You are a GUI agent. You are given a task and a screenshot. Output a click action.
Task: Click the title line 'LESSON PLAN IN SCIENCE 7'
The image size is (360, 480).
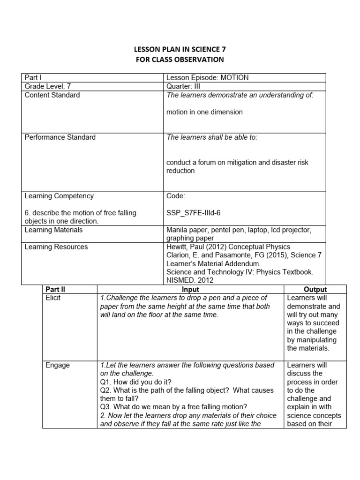pos(180,49)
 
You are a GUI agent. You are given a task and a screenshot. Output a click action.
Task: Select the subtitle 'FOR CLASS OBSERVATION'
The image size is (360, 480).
pos(180,60)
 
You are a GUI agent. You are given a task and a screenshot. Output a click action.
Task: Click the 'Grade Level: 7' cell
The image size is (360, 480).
pos(48,86)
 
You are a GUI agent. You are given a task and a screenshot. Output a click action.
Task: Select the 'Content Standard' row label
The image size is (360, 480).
pos(52,95)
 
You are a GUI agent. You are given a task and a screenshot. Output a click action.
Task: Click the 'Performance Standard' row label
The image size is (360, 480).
pos(60,137)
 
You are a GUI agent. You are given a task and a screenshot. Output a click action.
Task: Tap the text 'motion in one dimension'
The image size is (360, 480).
pos(204,112)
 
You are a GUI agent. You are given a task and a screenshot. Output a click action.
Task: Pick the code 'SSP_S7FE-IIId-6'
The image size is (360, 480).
pos(193,213)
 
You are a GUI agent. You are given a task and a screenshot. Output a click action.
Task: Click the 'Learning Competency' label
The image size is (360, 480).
pos(59,196)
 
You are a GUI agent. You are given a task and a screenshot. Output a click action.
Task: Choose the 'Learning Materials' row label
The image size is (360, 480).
pos(53,230)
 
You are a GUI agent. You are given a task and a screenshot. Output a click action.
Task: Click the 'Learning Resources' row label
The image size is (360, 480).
pos(56,247)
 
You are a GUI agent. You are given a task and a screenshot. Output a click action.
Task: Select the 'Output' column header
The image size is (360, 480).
pos(315,289)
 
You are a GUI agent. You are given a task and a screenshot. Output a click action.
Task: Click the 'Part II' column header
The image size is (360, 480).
pos(56,289)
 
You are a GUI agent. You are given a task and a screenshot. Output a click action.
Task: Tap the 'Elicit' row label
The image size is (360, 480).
pos(53,298)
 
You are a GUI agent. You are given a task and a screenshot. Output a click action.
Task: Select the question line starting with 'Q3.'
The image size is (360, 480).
pos(173,407)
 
